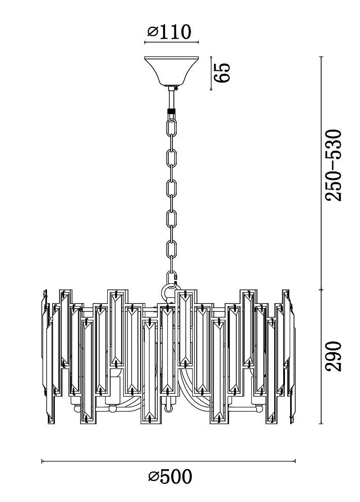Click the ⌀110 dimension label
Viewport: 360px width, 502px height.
(169, 32)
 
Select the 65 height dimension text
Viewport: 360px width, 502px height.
(223, 73)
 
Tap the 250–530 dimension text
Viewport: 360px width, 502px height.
(333, 165)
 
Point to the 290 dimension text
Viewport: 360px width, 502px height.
(333, 356)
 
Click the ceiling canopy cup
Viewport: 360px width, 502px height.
(172, 71)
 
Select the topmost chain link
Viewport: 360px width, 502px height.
(172, 127)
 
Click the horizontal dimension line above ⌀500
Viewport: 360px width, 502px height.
(169, 461)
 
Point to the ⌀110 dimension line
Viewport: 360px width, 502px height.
(172, 42)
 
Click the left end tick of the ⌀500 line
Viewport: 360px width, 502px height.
(42, 461)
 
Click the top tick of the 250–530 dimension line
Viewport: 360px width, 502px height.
(322, 56)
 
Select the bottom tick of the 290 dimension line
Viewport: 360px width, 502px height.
(322, 423)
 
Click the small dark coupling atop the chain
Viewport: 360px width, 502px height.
(172, 112)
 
